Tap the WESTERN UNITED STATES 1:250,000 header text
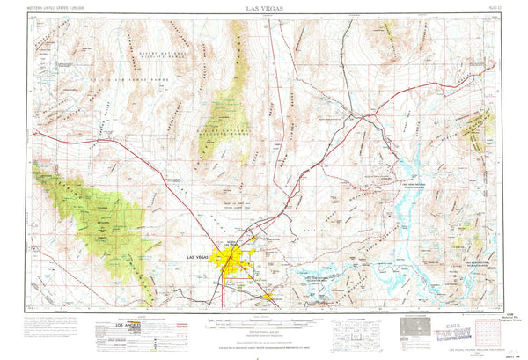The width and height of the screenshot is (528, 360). tap(59, 7)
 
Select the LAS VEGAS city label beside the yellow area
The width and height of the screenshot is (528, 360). tap(199, 256)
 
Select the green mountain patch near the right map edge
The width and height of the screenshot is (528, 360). tap(480, 128)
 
